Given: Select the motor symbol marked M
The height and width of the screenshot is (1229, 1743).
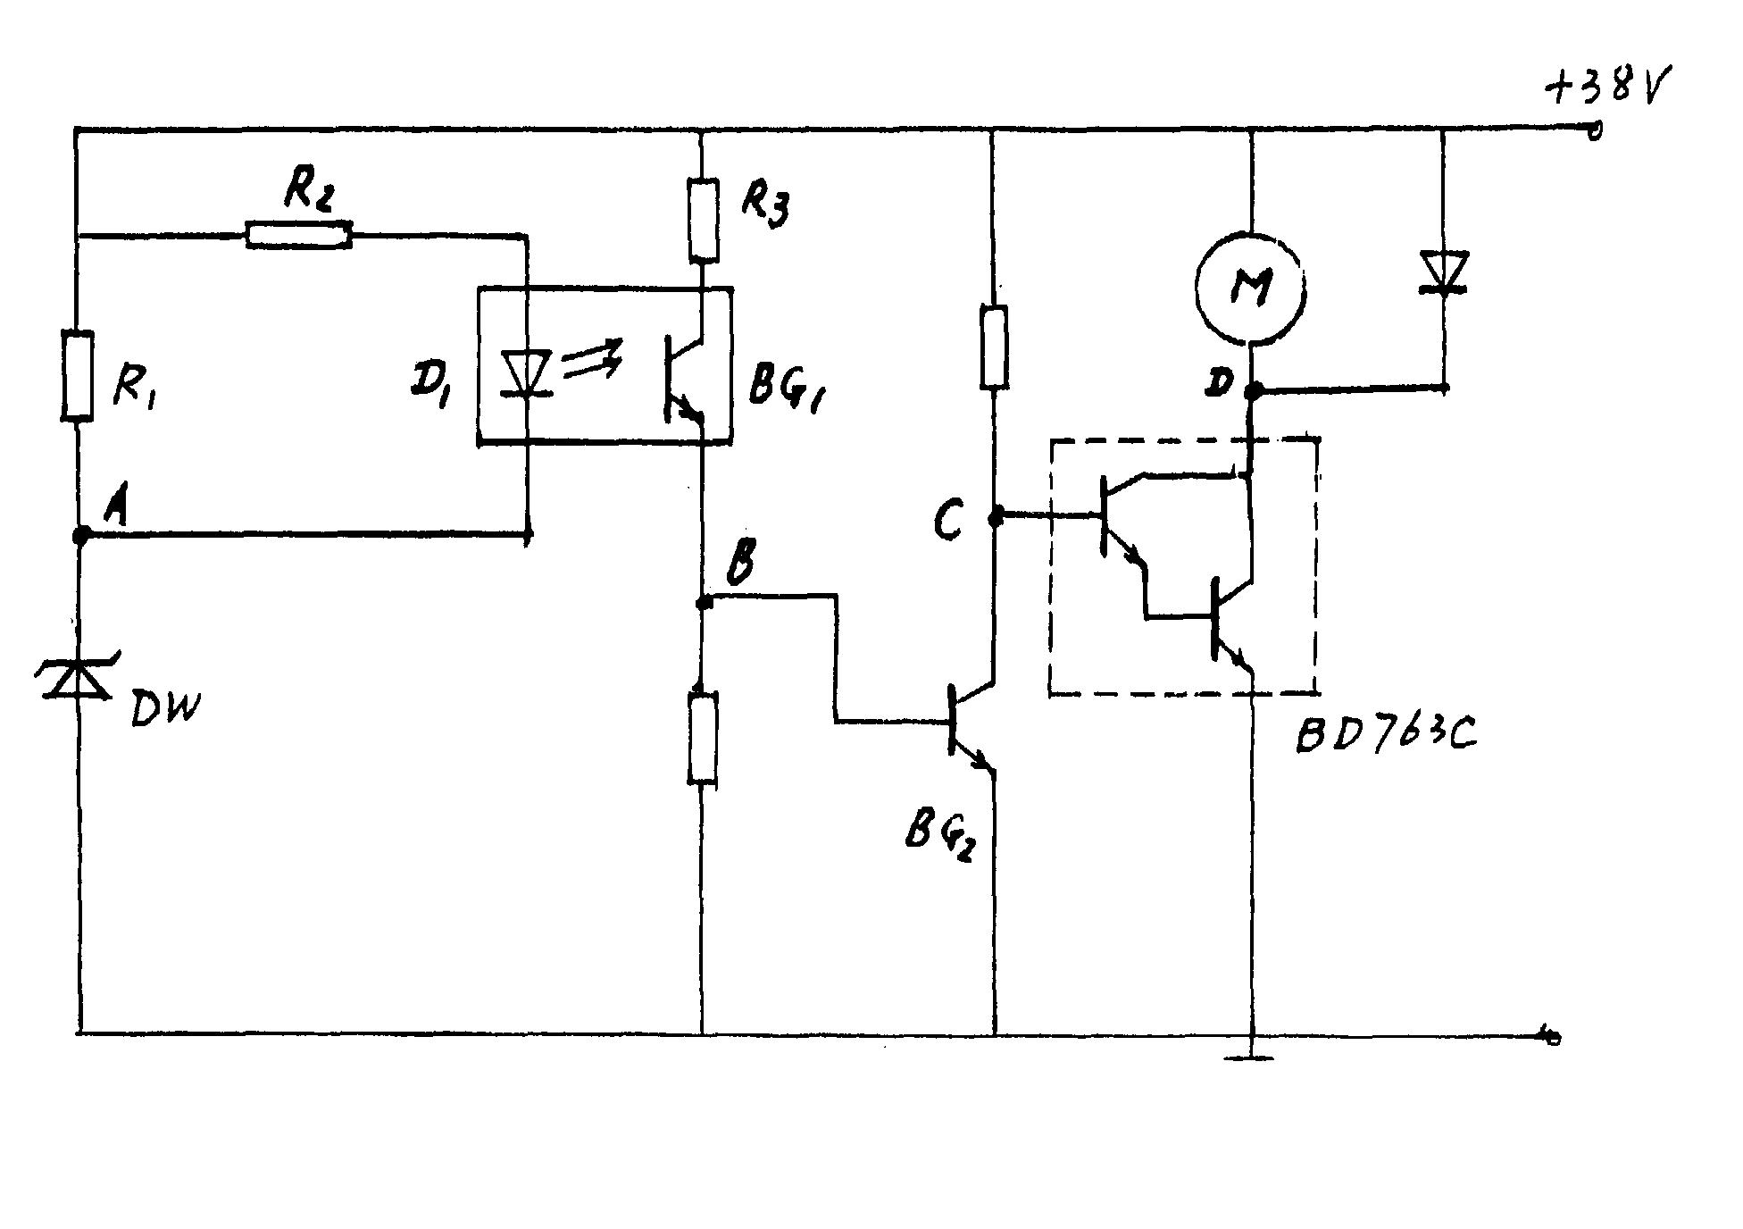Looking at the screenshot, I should (1250, 287).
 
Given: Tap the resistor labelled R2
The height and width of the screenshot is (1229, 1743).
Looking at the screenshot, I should (298, 236).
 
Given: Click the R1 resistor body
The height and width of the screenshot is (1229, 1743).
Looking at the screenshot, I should (78, 375).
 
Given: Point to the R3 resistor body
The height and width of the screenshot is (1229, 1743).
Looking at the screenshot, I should (704, 220).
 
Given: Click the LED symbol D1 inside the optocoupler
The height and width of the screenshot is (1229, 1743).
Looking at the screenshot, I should (527, 373).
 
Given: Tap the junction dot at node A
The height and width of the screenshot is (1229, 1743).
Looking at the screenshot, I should (80, 535).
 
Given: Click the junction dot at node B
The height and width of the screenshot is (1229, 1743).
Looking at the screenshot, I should (704, 603).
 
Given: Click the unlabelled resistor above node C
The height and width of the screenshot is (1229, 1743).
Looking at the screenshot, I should (995, 347).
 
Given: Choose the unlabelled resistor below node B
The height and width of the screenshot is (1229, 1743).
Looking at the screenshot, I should (704, 739).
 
